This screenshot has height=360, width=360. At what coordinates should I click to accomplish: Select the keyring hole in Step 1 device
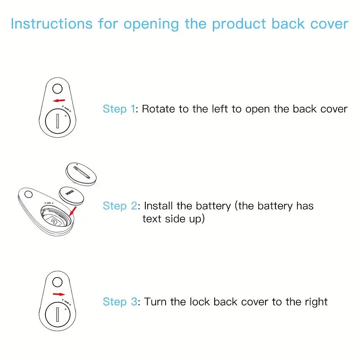pyautogui.click(x=57, y=88)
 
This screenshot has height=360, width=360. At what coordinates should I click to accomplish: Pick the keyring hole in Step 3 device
pyautogui.click(x=57, y=282)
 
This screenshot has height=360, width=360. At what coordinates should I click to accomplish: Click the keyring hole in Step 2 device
pyautogui.click(x=28, y=195)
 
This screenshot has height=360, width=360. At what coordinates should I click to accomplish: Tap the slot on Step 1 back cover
pyautogui.click(x=58, y=121)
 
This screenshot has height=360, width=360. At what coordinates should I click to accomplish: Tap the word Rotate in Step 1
pyautogui.click(x=158, y=109)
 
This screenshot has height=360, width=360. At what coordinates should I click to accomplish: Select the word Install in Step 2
pyautogui.click(x=159, y=206)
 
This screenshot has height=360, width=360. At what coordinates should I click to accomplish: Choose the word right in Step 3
pyautogui.click(x=315, y=302)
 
